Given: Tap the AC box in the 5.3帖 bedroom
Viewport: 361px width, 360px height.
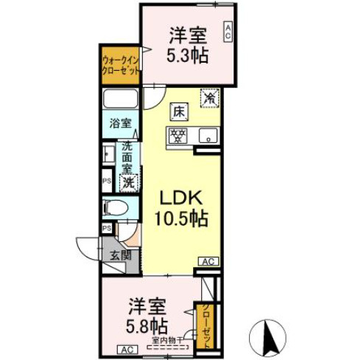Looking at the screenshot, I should click(x=228, y=31).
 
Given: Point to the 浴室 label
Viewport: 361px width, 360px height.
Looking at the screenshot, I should click(x=120, y=122).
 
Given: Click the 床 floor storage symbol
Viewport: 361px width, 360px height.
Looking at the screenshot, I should click(x=179, y=111).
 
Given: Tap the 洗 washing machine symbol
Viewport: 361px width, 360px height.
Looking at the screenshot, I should click(x=127, y=181).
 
